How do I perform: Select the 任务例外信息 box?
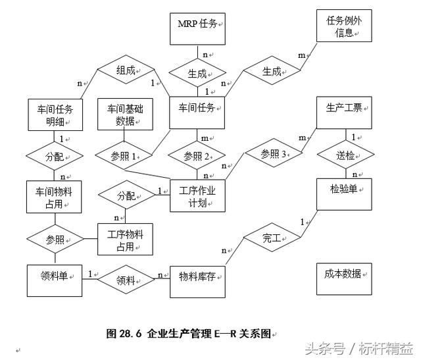point(344,26)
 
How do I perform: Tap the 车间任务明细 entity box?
point(56,115)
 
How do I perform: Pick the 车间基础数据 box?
point(125,115)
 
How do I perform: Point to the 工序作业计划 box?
point(197,195)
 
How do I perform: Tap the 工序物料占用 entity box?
point(125,239)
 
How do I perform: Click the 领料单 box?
point(56,279)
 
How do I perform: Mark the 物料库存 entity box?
point(197,280)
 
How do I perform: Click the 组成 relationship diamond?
point(125,70)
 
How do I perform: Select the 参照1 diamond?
point(125,157)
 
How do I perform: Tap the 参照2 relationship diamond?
point(197,157)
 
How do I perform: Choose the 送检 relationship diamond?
point(346,155)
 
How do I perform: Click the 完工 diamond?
point(272,239)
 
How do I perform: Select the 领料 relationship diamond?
point(125,280)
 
